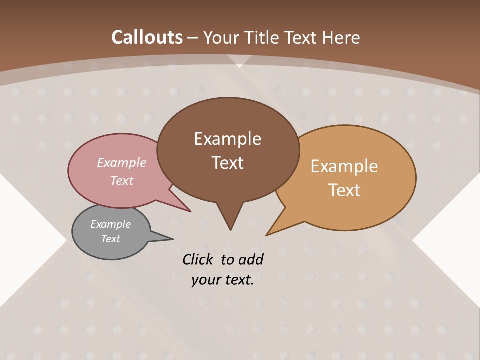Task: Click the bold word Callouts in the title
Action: (147, 37)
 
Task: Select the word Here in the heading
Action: (342, 37)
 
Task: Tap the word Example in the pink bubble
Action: (122, 162)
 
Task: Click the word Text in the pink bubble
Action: (122, 180)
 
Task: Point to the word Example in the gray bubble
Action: (110, 224)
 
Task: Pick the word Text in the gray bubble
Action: (110, 239)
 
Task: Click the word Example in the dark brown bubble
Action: (227, 139)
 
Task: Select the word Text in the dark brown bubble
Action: (227, 163)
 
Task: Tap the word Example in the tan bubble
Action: (344, 166)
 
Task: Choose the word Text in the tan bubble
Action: (344, 190)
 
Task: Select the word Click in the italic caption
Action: (199, 260)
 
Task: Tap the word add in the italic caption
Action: (251, 260)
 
